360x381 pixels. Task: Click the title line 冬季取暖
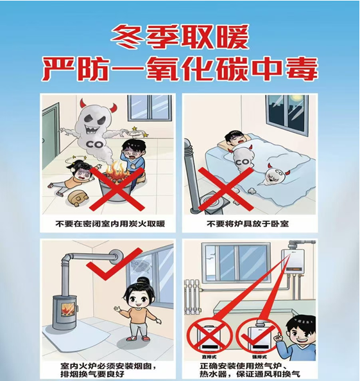click(179, 38)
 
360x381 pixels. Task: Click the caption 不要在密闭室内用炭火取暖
click(106, 224)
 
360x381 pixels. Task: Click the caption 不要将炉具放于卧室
click(250, 224)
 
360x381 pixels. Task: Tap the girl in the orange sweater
click(137, 308)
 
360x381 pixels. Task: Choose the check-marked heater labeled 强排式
click(255, 335)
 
